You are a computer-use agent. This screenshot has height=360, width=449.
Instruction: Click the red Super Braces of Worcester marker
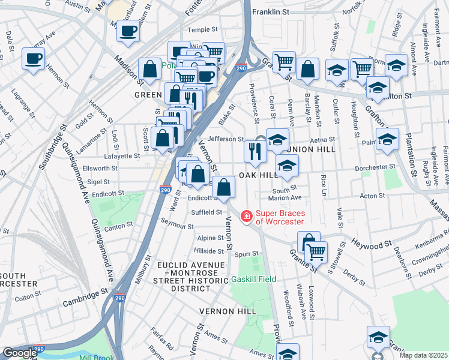pyautogui.click(x=246, y=216)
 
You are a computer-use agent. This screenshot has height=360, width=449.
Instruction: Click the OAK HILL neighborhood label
pyautogui.click(x=259, y=175)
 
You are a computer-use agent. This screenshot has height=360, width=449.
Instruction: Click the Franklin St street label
pyautogui.click(x=270, y=11)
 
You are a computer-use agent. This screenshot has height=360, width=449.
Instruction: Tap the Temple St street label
pyautogui.click(x=202, y=29)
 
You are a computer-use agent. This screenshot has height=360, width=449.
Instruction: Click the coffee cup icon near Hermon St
pyautogui.click(x=34, y=58)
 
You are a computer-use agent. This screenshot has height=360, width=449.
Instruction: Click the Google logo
pyautogui.click(x=20, y=353)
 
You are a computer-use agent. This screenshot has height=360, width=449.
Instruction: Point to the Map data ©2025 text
pyautogui.click(x=423, y=355)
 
